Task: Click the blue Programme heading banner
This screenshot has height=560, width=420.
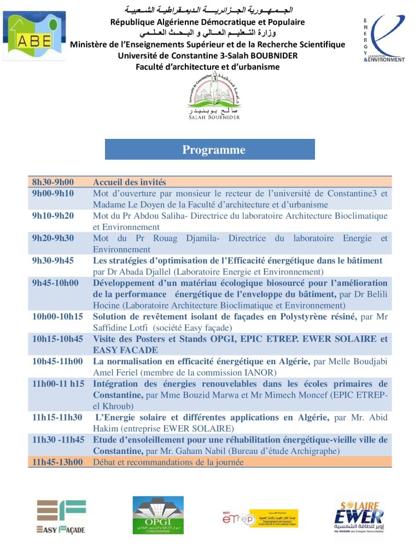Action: click(x=210, y=149)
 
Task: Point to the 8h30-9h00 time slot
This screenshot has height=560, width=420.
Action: click(x=53, y=182)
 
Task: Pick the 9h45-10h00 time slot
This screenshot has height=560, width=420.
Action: click(x=55, y=283)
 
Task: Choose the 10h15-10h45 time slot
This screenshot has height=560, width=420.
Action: click(x=57, y=339)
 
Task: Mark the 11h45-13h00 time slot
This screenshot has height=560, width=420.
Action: click(x=57, y=462)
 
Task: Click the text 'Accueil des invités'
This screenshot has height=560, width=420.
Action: click(x=130, y=182)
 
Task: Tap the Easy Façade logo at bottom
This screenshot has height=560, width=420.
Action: click(x=61, y=516)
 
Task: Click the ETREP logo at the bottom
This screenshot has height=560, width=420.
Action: click(x=260, y=517)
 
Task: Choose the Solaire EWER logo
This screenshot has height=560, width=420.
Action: click(x=359, y=517)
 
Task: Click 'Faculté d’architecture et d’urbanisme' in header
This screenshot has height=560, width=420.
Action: click(x=208, y=67)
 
